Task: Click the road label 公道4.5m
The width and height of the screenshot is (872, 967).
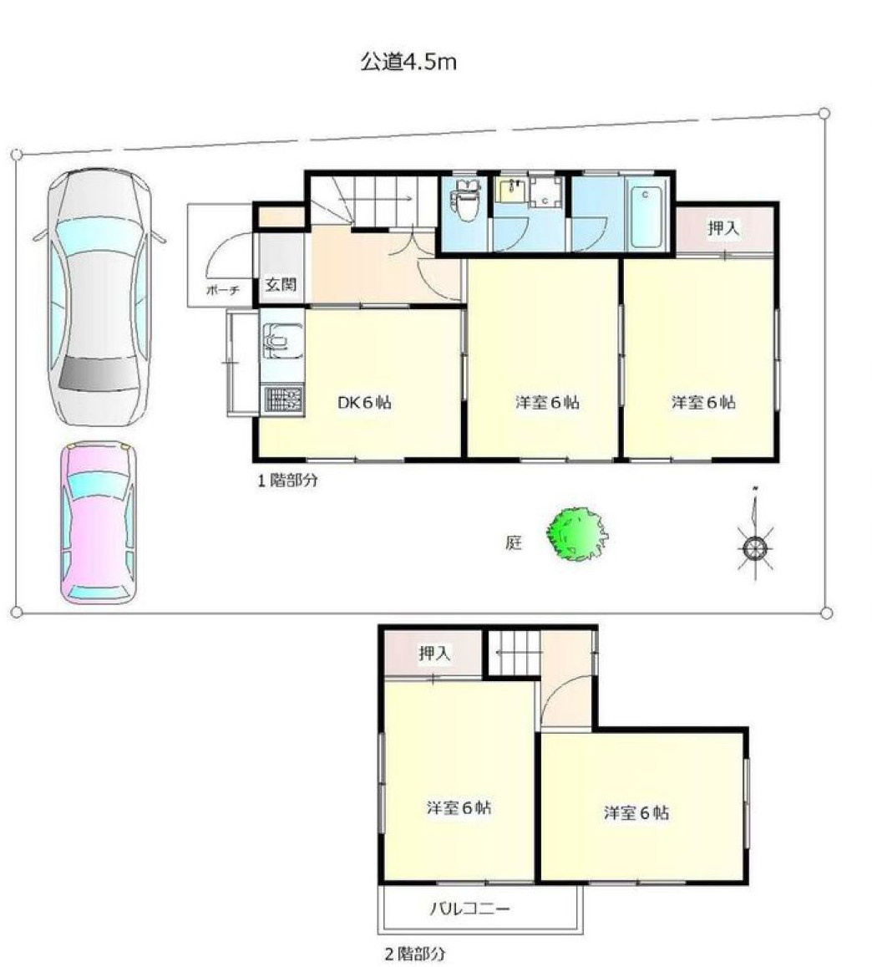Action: click(408, 63)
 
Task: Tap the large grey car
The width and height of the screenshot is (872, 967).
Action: click(99, 297)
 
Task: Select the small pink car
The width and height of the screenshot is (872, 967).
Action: click(98, 522)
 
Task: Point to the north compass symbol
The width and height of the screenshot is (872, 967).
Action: click(754, 546)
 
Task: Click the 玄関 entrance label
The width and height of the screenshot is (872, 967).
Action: click(281, 284)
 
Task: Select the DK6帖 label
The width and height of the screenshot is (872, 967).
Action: click(364, 402)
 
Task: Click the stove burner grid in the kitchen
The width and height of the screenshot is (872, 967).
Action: click(282, 398)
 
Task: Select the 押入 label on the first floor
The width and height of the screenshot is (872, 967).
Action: click(723, 227)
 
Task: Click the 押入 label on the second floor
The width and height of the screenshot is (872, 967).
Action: click(434, 654)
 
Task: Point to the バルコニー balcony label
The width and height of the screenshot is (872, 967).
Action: click(469, 908)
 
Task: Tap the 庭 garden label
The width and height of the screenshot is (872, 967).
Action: click(514, 543)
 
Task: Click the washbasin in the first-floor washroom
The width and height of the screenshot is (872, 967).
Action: click(509, 191)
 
